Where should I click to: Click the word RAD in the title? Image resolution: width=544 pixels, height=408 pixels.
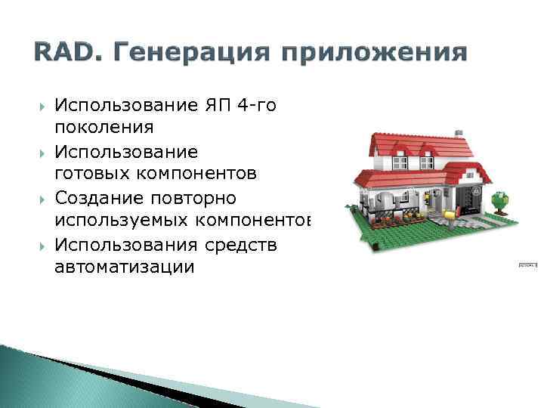tap(57, 54)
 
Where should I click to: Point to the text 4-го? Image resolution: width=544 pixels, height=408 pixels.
tap(256, 105)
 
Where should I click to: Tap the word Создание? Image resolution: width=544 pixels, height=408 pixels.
tap(99, 198)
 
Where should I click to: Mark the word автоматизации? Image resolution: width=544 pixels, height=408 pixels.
tap(124, 267)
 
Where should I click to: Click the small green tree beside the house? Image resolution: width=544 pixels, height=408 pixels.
tap(499, 202)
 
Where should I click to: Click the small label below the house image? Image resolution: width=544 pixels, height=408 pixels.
tap(527, 265)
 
